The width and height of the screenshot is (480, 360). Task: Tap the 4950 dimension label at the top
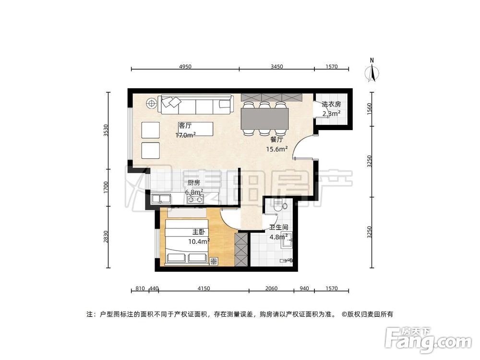click(185, 66)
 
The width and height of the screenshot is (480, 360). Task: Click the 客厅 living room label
click(185, 126)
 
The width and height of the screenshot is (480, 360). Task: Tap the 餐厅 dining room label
click(277, 140)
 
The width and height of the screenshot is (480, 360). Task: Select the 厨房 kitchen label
click(193, 183)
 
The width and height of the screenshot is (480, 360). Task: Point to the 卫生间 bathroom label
click(278, 228)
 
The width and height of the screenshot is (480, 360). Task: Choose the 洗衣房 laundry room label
click(331, 104)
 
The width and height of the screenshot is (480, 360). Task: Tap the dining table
click(265, 118)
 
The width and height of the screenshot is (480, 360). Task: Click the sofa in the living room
click(196, 105)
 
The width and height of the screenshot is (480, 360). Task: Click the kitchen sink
click(159, 198)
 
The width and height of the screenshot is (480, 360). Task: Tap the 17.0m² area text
click(185, 135)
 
